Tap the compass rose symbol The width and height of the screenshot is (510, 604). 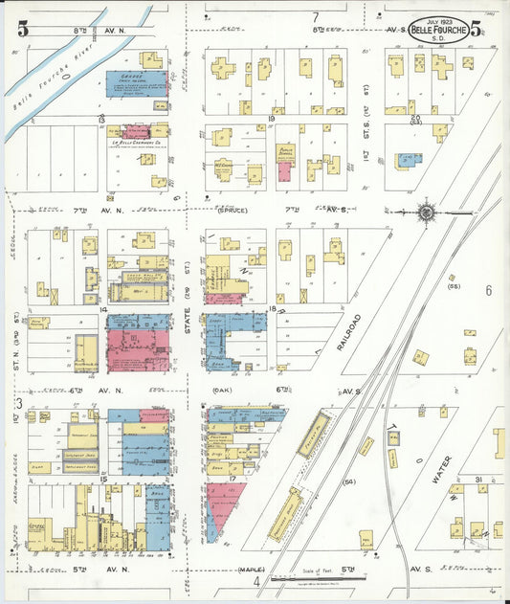(428, 212)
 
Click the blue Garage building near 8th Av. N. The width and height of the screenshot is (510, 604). (137, 83)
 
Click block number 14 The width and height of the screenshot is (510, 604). (100, 310)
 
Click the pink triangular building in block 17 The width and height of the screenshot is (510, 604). (223, 503)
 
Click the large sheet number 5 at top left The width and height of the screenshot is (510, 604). (21, 29)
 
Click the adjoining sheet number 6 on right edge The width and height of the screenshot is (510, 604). (487, 290)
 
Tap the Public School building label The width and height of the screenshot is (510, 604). (284, 152)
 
